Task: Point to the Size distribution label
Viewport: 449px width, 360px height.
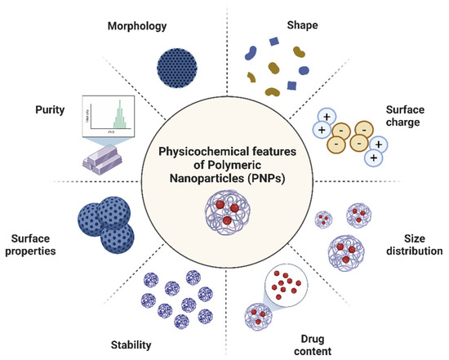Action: pyautogui.click(x=415, y=246)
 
